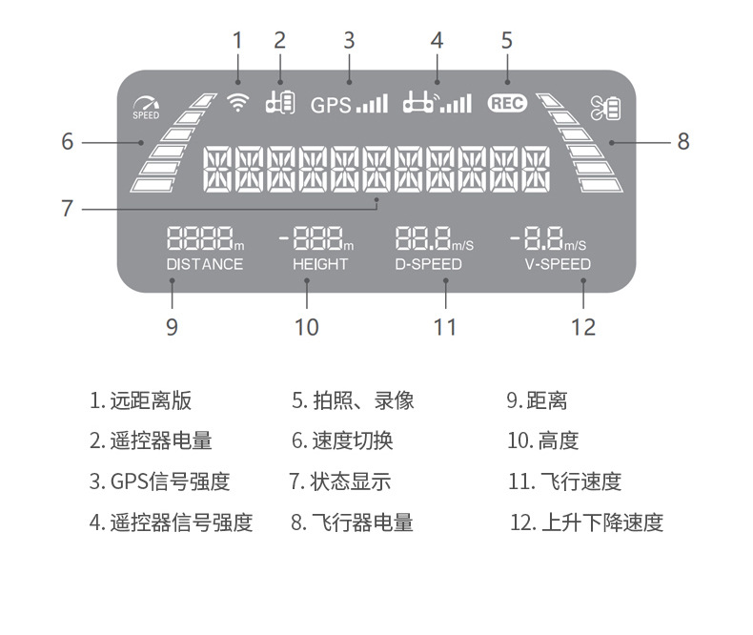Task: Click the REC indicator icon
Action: click(507, 104)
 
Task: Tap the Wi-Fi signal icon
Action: click(238, 103)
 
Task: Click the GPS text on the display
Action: click(330, 105)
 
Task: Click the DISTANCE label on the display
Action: click(204, 264)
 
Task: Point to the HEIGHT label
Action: click(320, 264)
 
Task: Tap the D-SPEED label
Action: click(428, 264)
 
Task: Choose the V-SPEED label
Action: click(558, 264)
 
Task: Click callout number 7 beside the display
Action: click(67, 208)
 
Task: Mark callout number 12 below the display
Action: click(583, 327)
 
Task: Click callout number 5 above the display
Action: click(507, 40)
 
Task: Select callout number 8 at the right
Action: click(683, 142)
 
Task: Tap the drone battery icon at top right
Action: click(605, 108)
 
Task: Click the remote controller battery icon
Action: click(279, 101)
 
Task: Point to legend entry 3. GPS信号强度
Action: click(160, 481)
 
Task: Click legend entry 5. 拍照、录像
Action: click(353, 400)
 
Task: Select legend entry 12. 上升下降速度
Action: click(587, 522)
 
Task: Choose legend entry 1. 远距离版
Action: click(141, 400)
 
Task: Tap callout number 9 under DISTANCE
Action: click(172, 327)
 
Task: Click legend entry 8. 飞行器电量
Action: click(353, 522)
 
